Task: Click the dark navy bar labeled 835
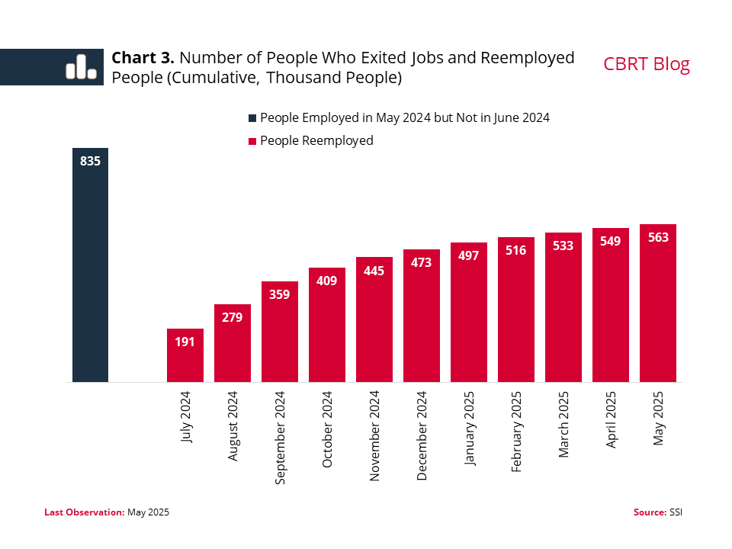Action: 90,267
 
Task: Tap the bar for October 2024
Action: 327,328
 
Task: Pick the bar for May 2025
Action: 658,305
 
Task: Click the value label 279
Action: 233,317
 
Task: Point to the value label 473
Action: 422,262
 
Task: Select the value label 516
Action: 516,250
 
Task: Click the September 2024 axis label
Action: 281,438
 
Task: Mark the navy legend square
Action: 252,118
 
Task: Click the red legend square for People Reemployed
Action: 252,141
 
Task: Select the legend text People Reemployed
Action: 316,140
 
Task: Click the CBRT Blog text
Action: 647,64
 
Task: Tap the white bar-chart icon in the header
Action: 81,67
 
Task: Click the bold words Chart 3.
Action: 143,58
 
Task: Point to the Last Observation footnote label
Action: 84,512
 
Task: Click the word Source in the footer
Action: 649,512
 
